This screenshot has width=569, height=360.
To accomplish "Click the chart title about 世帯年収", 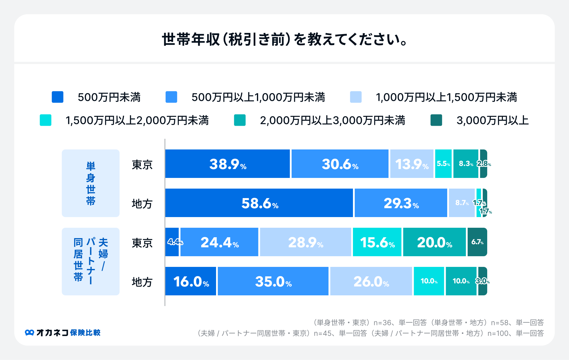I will coord(284,39).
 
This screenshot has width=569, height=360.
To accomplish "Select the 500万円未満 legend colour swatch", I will coord(57,97).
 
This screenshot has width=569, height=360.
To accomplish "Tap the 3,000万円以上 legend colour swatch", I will coord(436,120).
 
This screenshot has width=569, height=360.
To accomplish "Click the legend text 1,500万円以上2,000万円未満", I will coord(137,120).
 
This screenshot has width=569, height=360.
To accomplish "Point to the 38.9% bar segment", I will coord(227,164).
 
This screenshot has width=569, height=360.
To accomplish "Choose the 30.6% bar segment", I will coord(340,164).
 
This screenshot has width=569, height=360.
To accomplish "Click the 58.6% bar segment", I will coord(259,203).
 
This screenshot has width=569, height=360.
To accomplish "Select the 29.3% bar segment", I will coord(401,203).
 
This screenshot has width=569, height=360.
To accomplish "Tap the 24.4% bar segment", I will coord(219,242).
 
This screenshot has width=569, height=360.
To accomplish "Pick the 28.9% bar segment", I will coord(306,242).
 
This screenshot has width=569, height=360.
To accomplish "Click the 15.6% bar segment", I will coord(377,242).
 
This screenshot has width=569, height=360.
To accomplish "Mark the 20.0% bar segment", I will coord(434,242).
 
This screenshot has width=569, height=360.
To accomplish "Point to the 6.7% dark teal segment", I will coord(477,242).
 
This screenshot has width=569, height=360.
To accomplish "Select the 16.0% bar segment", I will coord(191,281).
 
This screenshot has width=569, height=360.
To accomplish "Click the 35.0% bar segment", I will coord(273,281).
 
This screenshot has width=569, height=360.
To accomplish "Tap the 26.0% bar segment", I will coord(371,281).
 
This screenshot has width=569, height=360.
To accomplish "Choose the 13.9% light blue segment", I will coord(412,164).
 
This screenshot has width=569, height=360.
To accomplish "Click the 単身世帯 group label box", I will coord(90,183).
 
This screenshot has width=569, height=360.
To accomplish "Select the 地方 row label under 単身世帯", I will coord(142,204).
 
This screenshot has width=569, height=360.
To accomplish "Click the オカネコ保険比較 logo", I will coord(63,333).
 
